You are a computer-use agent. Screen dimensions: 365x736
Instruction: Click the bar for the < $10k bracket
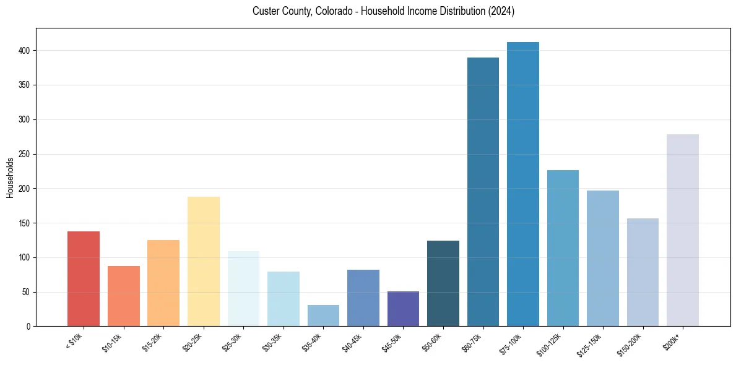click(84, 278)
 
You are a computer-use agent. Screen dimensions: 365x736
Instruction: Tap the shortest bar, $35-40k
click(323, 316)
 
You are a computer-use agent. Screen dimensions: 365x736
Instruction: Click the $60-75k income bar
click(483, 192)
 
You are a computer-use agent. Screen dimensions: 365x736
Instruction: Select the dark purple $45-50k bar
click(403, 309)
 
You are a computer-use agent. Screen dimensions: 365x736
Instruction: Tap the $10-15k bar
click(124, 296)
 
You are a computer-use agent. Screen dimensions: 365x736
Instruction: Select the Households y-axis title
click(11, 178)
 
